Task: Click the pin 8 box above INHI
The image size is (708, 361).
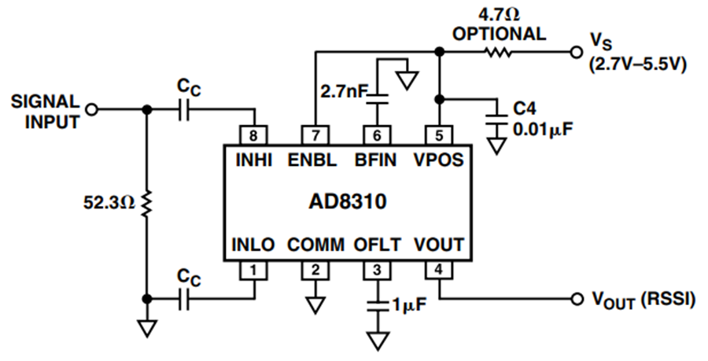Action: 253,135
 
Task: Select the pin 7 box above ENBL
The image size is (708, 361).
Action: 315,135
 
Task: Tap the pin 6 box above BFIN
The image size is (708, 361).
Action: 377,135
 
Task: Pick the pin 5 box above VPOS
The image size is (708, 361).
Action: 439,135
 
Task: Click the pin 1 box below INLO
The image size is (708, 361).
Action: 253,270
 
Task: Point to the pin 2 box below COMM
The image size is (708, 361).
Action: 315,270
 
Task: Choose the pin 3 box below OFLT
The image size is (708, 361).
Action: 377,270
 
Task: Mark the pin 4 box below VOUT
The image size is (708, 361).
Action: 439,270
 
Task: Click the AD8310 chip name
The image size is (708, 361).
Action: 348,201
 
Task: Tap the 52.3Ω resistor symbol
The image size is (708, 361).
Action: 146,204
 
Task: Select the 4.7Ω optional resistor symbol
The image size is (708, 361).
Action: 499,53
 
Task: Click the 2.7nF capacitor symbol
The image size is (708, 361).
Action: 377,99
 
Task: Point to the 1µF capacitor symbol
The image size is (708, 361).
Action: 377,306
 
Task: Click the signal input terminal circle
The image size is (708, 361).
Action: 92,109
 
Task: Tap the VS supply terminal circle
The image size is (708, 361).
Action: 576,53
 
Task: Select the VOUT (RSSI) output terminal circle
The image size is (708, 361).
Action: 576,298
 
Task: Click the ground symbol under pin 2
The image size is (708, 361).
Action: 315,305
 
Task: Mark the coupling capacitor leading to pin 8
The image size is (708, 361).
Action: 183,109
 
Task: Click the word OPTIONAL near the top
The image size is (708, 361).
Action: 500,35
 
